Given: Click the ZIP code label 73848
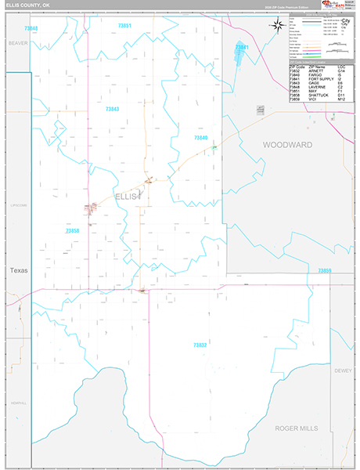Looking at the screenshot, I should pyautogui.click(x=31, y=28).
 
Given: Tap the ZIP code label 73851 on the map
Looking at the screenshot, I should pyautogui.click(x=124, y=26).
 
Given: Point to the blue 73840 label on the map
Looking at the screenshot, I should pyautogui.click(x=201, y=138).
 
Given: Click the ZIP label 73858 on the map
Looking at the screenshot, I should pyautogui.click(x=73, y=230).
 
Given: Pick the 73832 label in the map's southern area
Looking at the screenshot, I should pyautogui.click(x=200, y=345).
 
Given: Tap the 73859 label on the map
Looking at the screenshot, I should pyautogui.click(x=325, y=270).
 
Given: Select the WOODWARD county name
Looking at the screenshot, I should pyautogui.click(x=287, y=146).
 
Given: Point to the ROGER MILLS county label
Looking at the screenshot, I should pyautogui.click(x=298, y=428).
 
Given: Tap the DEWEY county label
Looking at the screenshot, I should pyautogui.click(x=343, y=370).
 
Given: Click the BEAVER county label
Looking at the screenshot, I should pyautogui.click(x=18, y=44).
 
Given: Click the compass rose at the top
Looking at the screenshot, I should pyautogui.click(x=277, y=25).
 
